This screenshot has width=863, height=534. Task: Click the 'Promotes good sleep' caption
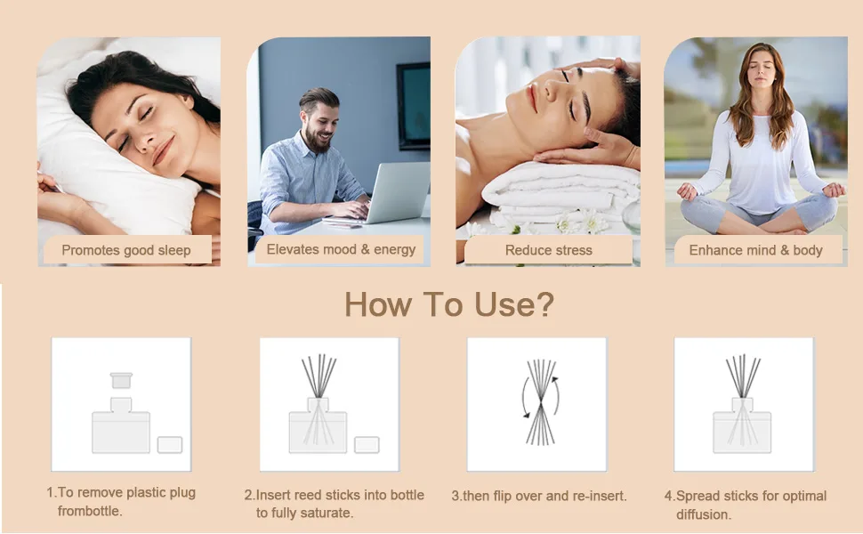pos(126,250)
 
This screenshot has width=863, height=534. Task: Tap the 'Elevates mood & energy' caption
pos(341,249)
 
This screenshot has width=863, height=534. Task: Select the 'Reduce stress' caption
pos(549,250)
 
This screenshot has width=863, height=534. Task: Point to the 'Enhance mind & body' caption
pos(755,250)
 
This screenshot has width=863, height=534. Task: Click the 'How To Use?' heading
pos(449,303)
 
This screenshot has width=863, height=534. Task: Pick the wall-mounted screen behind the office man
pos(414,106)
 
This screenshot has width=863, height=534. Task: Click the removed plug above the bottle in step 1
pos(121,380)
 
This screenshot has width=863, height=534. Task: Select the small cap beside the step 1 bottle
pos(170,445)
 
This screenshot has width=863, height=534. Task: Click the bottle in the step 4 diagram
pos(743,426)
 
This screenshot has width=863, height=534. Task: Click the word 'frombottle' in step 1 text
pos(89,511)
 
